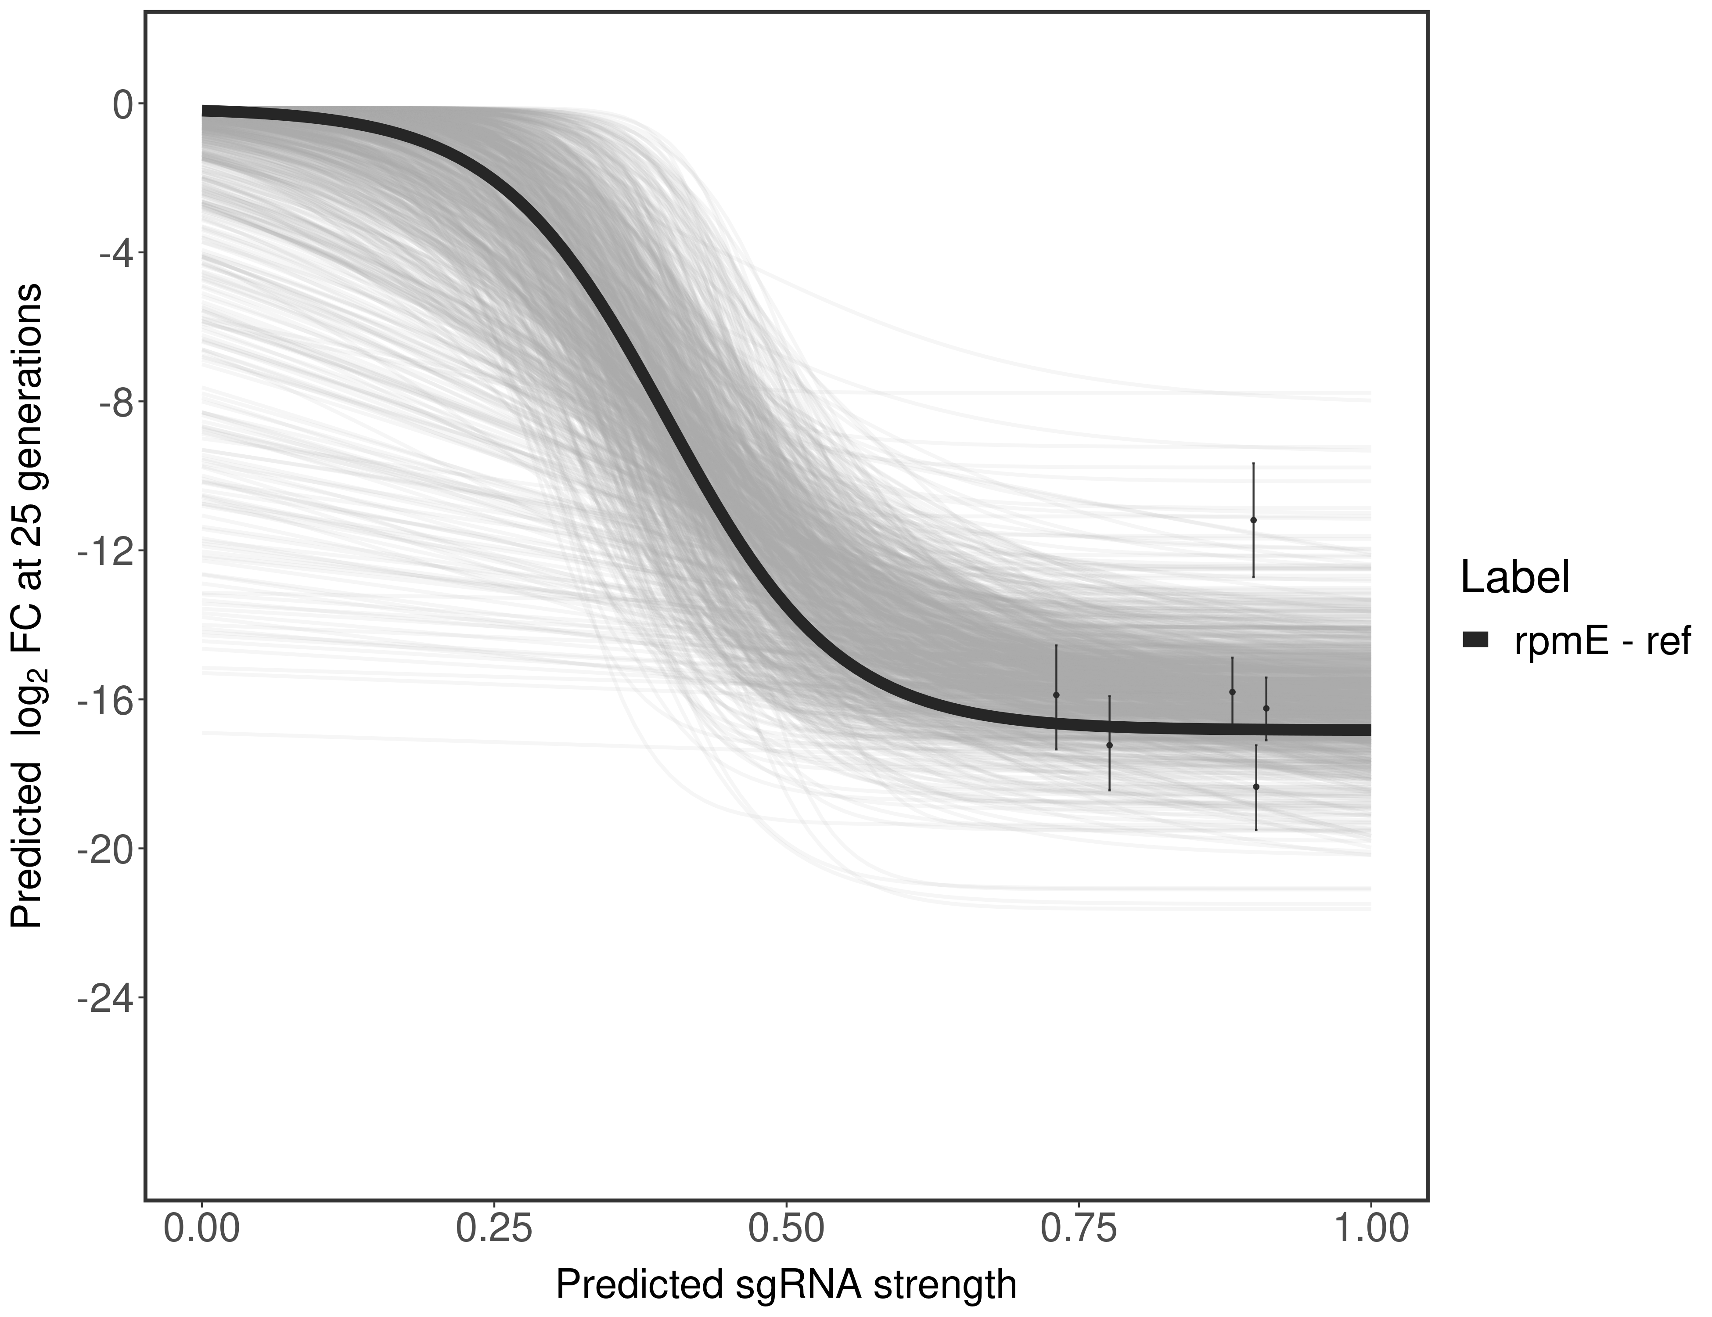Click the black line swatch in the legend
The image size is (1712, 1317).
point(1475,641)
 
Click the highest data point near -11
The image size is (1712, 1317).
point(1253,520)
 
